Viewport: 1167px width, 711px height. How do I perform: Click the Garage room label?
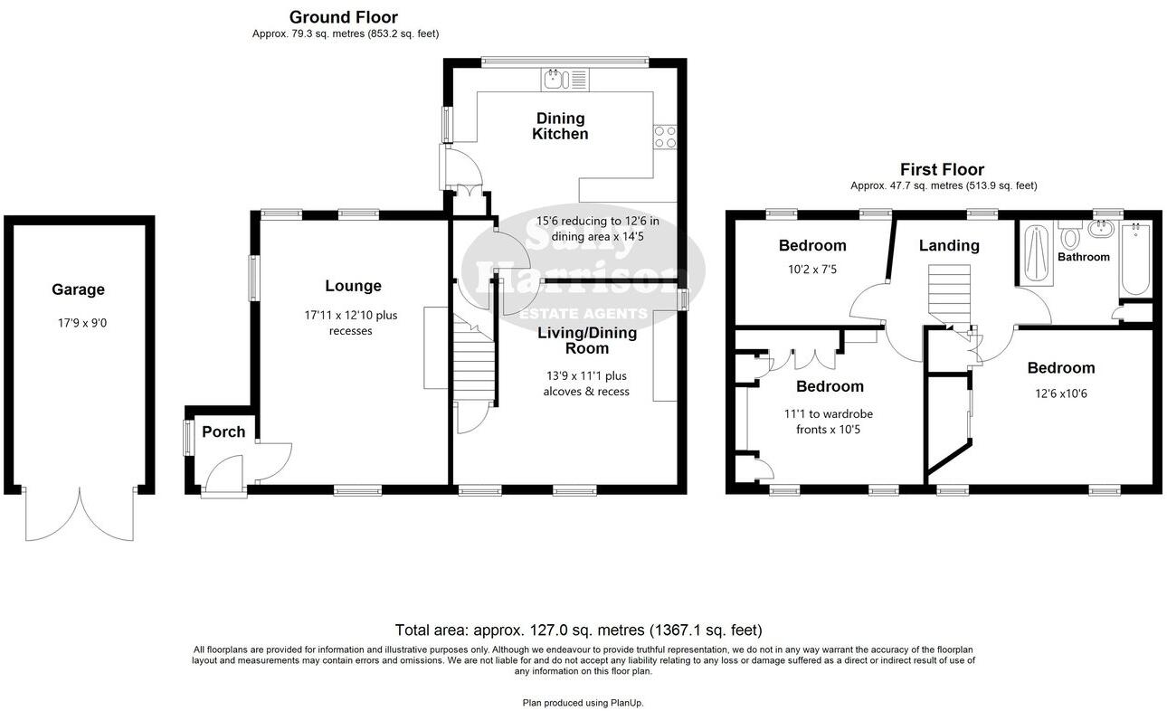78,289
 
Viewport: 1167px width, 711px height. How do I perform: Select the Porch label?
223,431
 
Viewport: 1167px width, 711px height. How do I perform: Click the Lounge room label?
353,286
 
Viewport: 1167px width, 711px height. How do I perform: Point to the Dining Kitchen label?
560,126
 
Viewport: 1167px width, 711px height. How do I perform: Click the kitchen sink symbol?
555,80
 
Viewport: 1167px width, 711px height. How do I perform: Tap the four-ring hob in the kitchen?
665,136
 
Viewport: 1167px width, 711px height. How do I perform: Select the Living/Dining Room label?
587,340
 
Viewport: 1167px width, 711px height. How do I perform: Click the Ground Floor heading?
343,17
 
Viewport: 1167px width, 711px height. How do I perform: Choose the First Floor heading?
942,169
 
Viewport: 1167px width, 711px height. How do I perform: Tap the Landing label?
949,245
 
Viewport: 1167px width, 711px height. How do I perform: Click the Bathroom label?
1084,257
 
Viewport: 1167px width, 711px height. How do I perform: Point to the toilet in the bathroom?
1072,237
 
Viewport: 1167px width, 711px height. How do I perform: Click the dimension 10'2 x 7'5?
812,269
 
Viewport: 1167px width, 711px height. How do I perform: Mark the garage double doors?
80,516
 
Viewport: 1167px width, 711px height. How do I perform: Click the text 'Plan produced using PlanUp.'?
583,702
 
